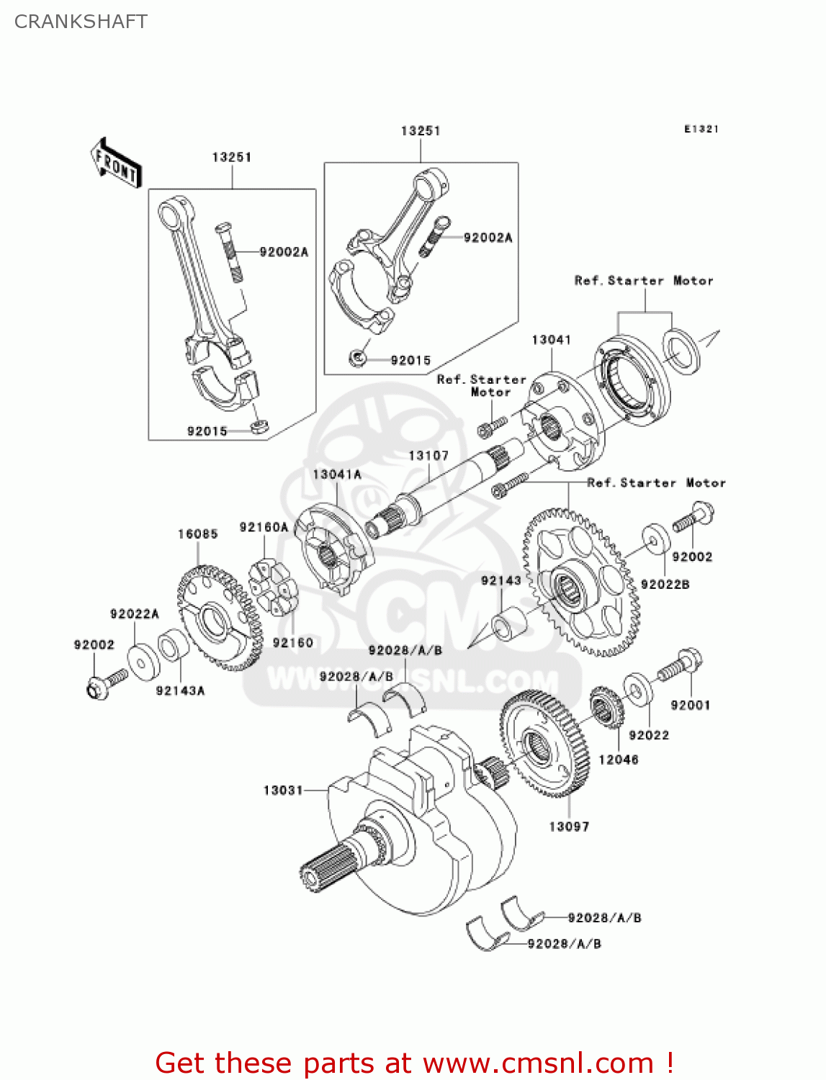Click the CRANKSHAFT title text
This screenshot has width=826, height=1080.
pos(81,22)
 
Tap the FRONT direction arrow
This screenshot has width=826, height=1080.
pos(115,163)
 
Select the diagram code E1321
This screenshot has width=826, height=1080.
pos(701,129)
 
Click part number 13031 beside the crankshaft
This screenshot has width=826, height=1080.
pos(283,791)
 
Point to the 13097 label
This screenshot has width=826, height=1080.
pos(569,827)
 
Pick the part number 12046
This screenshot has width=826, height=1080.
pos(618,760)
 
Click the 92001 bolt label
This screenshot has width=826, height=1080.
pos(690,706)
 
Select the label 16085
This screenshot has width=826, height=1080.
pos(197,534)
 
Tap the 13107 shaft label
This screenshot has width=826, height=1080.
pos(428,456)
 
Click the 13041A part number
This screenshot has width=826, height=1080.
pos(337,474)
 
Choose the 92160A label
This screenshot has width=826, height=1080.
pos(264,528)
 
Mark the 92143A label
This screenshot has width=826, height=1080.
pos(180,691)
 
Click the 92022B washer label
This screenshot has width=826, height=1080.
pos(665,585)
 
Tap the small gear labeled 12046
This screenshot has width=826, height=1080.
pos(606,707)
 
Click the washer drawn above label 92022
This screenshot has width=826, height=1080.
pos(637,688)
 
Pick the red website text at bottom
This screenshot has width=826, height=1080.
pos(414,1063)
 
